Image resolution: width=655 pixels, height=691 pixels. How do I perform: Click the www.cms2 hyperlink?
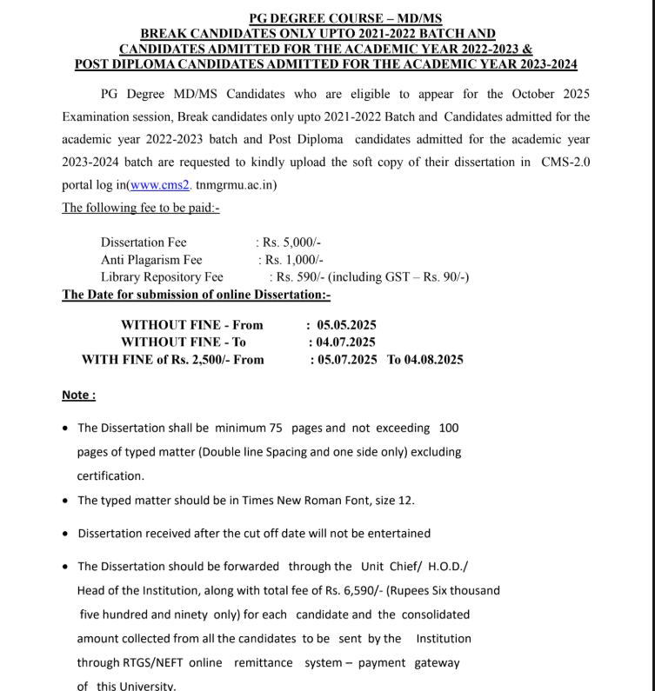pos(161,185)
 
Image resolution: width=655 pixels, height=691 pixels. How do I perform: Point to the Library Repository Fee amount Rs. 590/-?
pos(301,276)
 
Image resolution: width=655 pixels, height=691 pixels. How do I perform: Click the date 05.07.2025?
pos(348,359)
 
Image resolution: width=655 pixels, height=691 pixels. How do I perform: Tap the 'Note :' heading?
pos(78,395)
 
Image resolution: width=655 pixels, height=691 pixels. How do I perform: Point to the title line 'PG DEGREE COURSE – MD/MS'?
pos(345,18)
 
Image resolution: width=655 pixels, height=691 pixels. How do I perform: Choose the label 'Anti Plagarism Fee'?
pos(151,259)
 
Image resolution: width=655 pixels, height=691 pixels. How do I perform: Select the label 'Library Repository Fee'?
pos(162,276)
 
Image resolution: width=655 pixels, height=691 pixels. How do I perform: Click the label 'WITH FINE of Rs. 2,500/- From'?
pos(172,359)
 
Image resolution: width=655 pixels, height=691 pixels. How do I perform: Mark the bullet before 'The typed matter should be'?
pos(67,501)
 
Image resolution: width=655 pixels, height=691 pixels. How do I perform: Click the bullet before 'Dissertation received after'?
pos(67,534)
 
